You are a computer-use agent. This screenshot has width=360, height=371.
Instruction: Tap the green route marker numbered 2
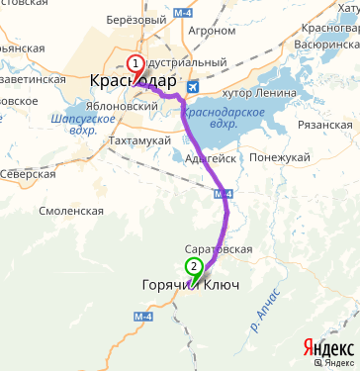(194, 266)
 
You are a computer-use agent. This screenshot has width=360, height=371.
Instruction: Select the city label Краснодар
(133, 81)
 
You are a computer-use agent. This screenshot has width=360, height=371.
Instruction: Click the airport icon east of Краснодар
(192, 85)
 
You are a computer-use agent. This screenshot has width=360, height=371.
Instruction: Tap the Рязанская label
(325, 126)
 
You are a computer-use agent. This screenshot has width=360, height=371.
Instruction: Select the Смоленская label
(70, 211)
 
